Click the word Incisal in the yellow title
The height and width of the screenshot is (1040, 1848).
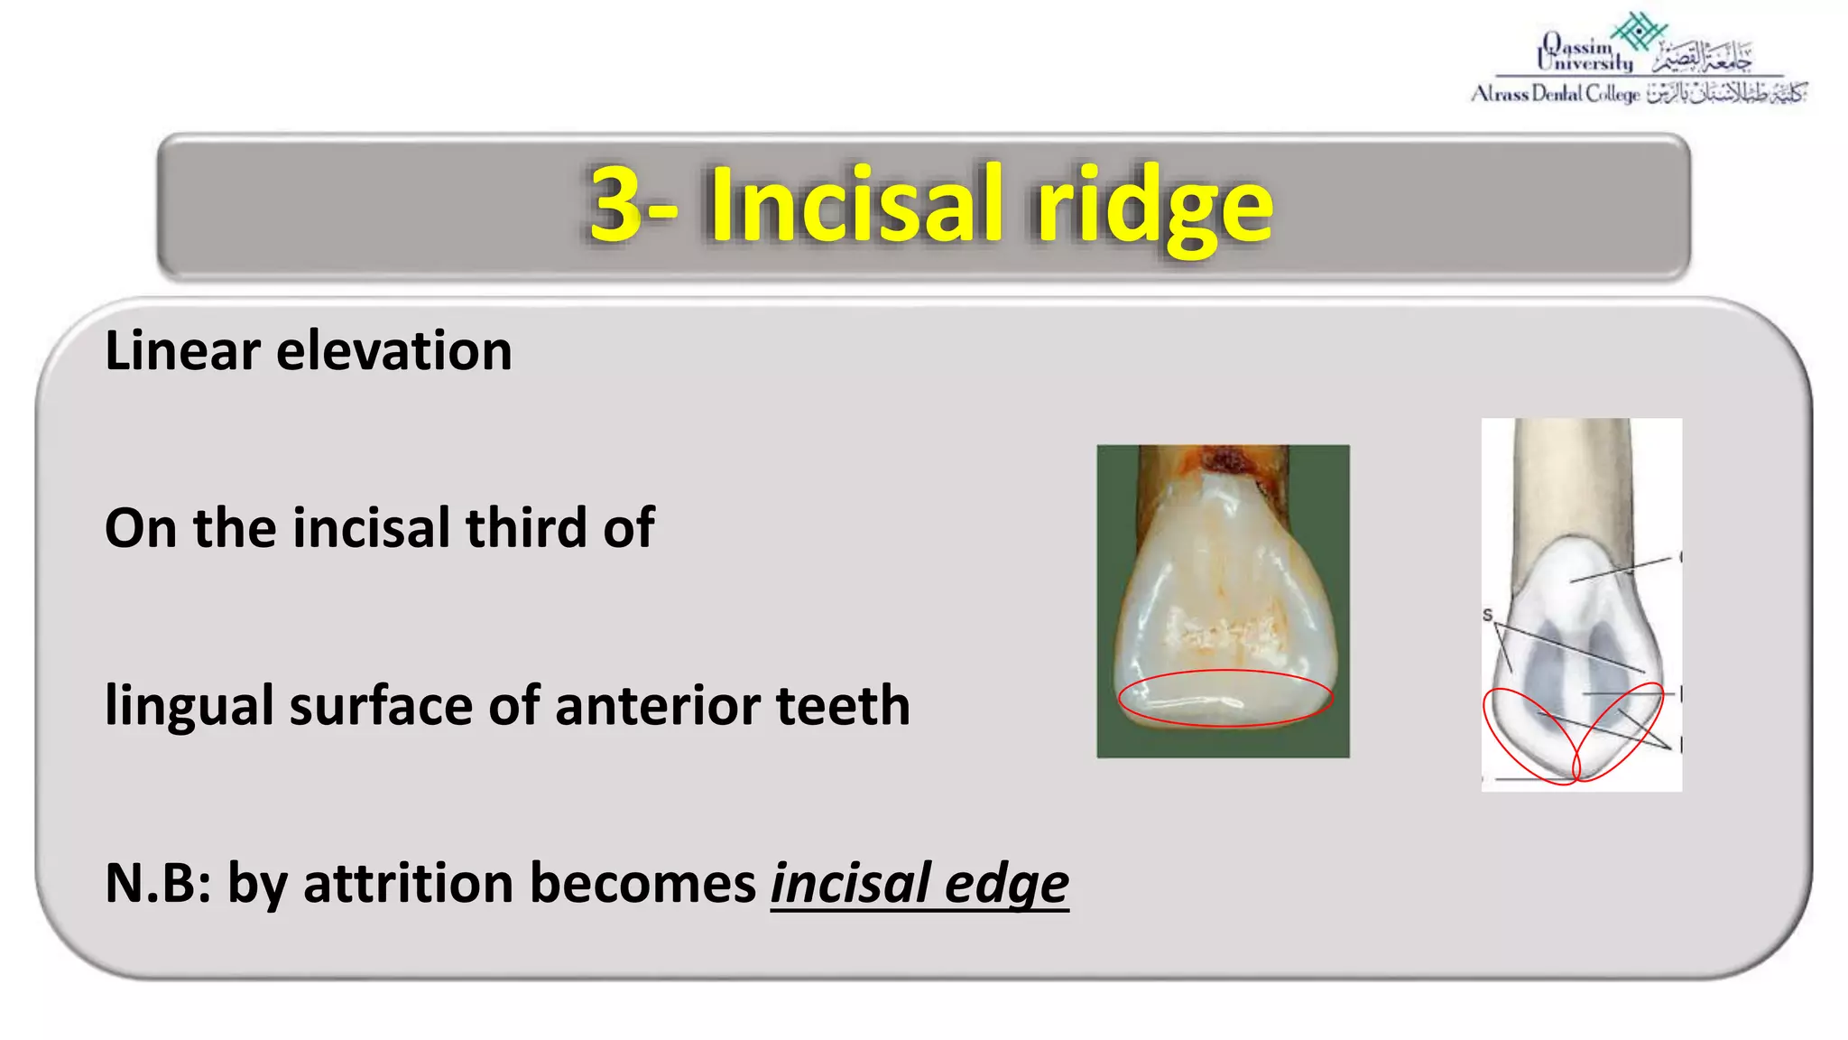(855, 205)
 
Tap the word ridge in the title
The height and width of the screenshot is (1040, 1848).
(1154, 208)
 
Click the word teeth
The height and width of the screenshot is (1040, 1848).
(843, 705)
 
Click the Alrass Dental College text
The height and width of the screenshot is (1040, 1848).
(1555, 94)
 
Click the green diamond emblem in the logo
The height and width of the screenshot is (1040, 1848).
(1640, 31)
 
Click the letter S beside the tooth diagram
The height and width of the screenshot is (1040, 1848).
(1487, 615)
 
